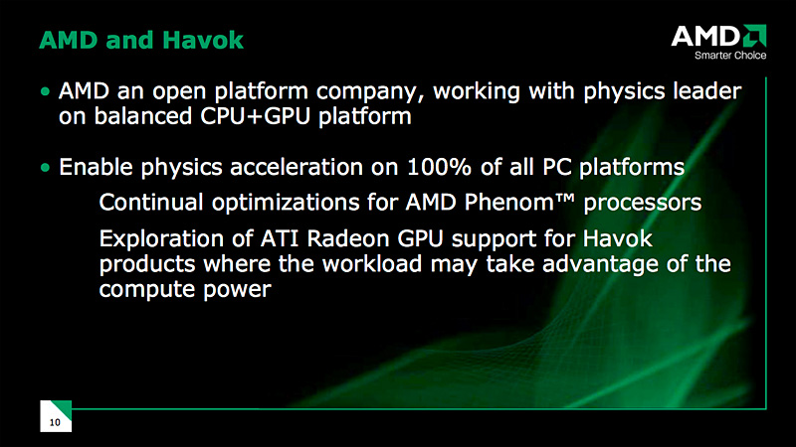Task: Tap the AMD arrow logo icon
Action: [754, 36]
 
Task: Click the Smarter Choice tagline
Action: [730, 56]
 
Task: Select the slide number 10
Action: [55, 422]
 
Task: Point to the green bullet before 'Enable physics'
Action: [46, 167]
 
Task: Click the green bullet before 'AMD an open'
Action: [46, 91]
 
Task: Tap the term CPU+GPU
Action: [255, 116]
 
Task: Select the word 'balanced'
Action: [143, 116]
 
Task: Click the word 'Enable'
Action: [96, 167]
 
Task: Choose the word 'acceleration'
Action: [297, 167]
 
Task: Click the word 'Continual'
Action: [151, 203]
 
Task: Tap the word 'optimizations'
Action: [285, 204]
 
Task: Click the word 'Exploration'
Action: [161, 239]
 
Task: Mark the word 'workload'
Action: [372, 264]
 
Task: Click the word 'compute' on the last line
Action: [147, 290]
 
